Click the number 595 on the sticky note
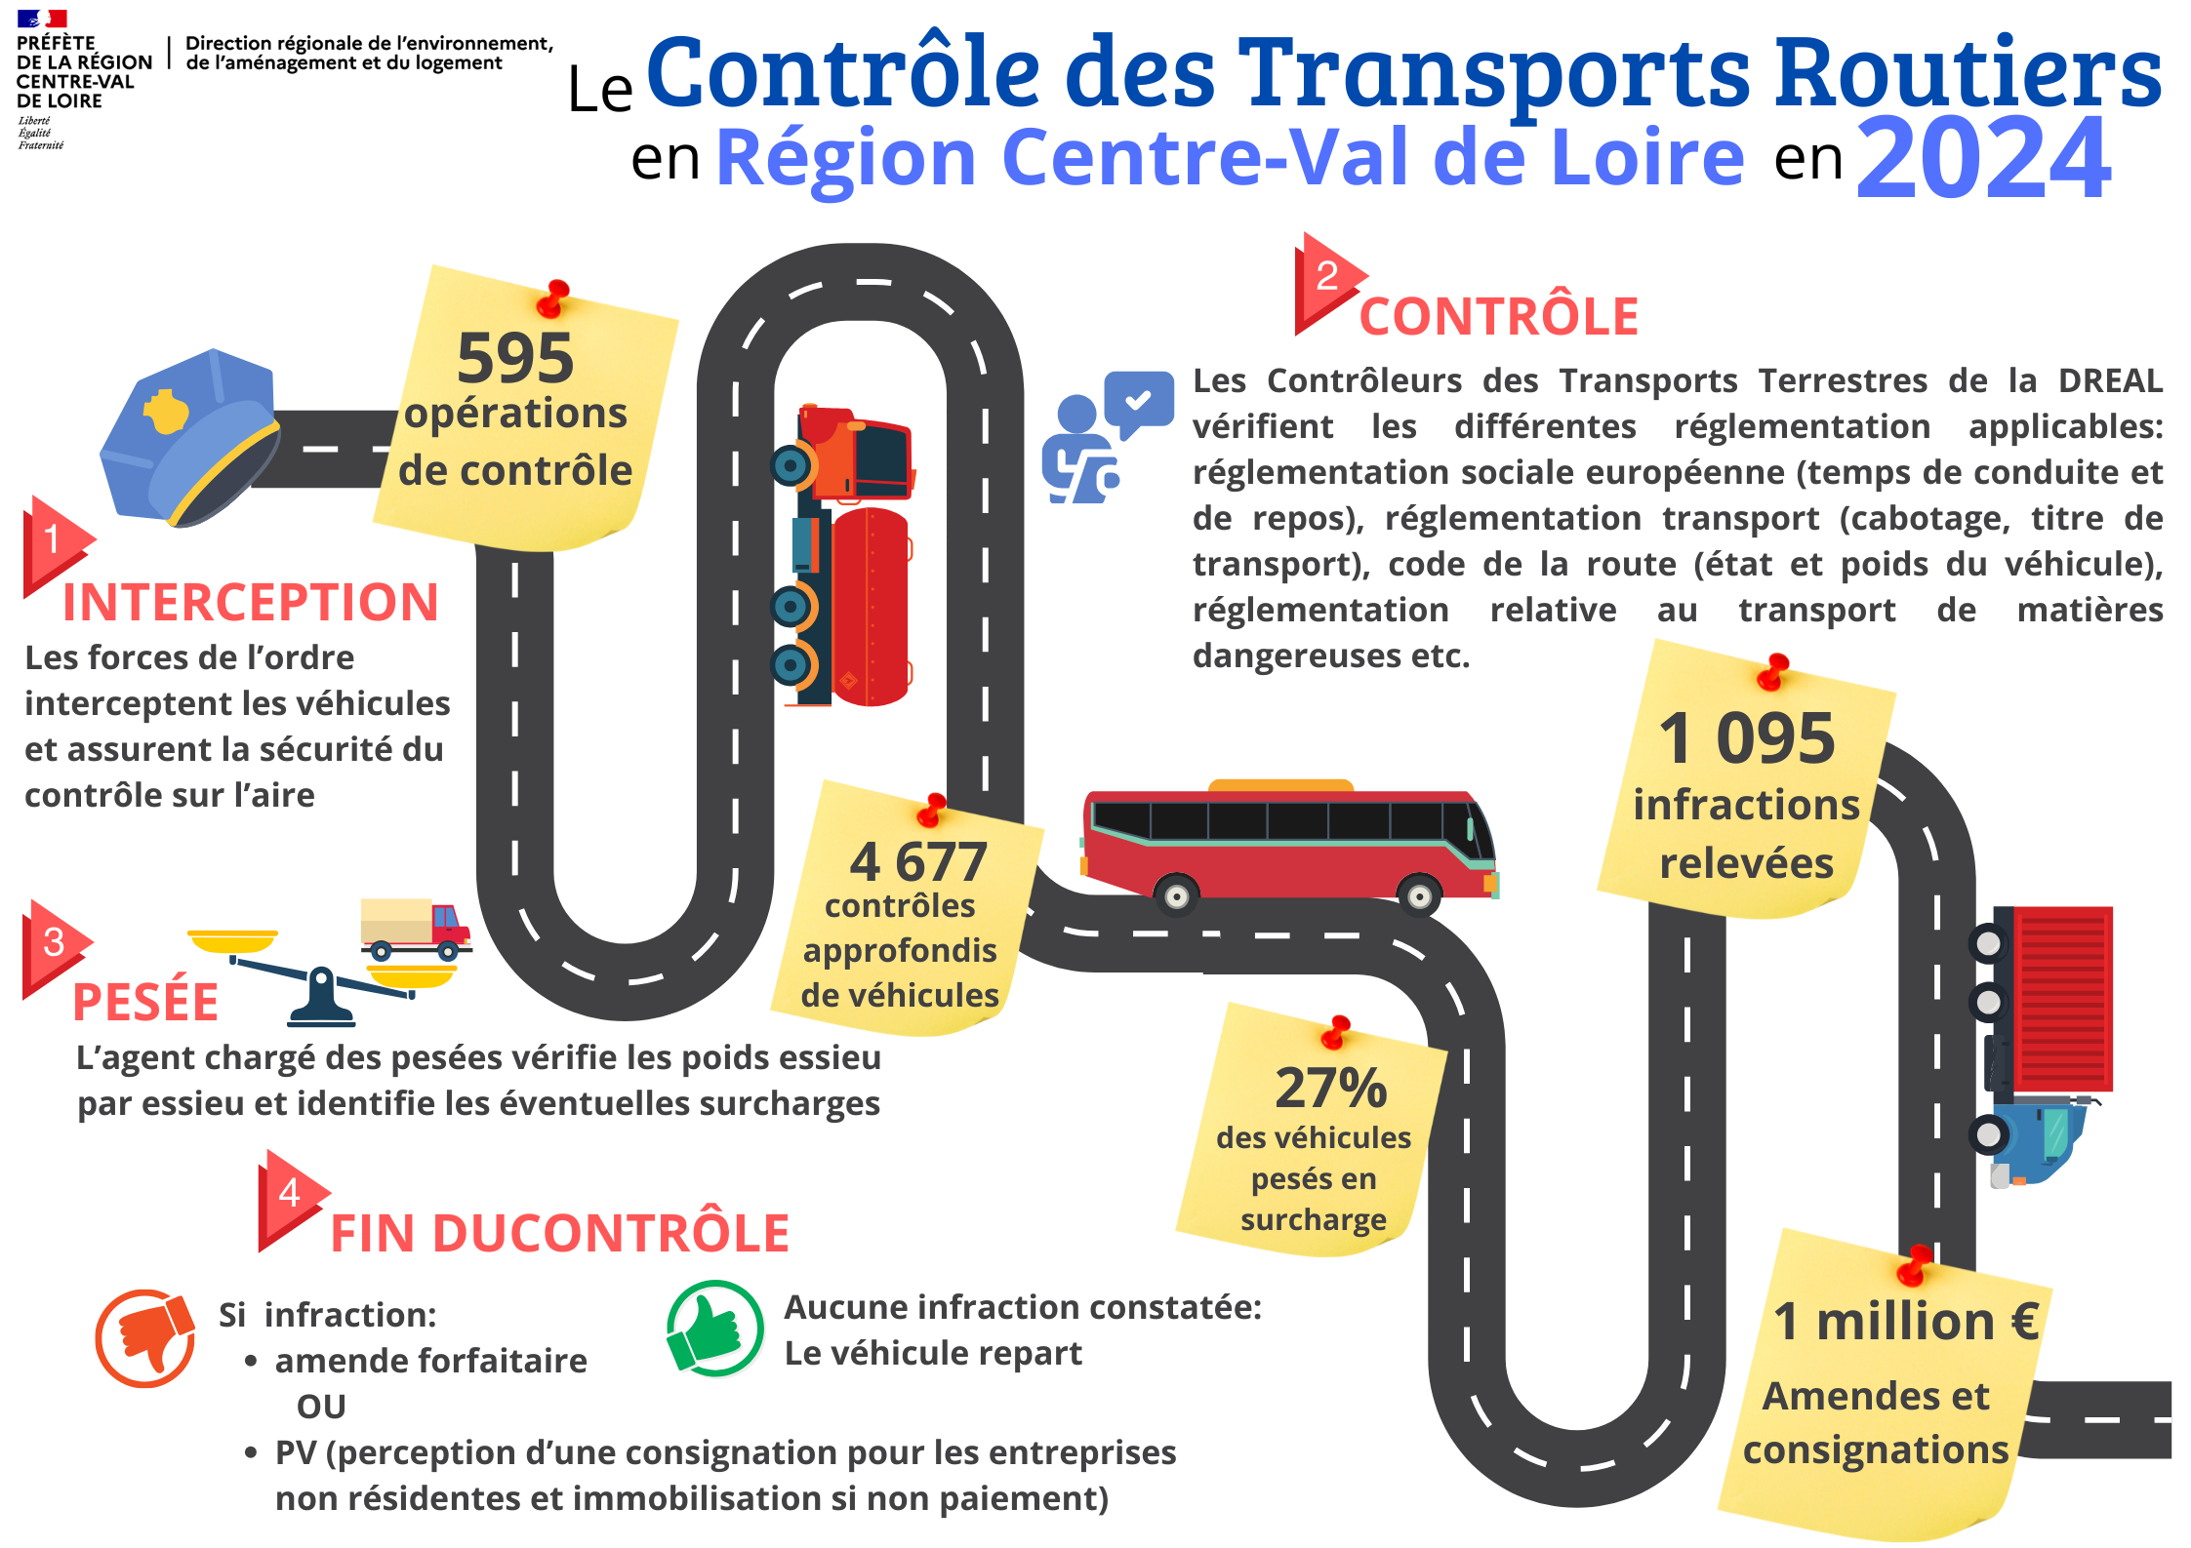tap(515, 358)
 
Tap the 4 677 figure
tap(918, 861)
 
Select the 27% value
tap(1331, 1088)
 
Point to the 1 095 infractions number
tap(1747, 737)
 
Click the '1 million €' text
tap(1906, 1322)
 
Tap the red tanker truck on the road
tap(843, 554)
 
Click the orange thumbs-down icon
tap(145, 1337)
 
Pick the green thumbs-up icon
tap(715, 1328)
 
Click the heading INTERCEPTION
tap(251, 602)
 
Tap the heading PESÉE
tap(145, 1002)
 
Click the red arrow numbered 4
tap(291, 1200)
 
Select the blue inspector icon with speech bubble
tap(1107, 437)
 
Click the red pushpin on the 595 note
tap(553, 298)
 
